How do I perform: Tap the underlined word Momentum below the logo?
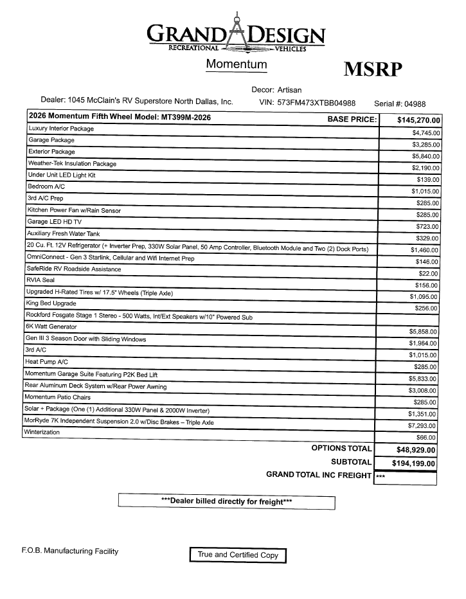[236, 64]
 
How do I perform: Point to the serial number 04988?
[411, 103]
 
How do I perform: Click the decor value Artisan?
[289, 90]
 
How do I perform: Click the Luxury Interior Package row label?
[60, 129]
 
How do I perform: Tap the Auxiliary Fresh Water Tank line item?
[63, 233]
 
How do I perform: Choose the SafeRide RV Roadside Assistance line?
[73, 269]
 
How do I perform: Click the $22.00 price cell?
[428, 273]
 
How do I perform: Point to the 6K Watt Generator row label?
[51, 326]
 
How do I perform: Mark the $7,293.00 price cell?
[423, 425]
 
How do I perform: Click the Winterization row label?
[43, 432]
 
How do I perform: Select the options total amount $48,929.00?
[411, 450]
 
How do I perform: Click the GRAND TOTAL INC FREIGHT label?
[318, 475]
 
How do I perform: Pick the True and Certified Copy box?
[238, 555]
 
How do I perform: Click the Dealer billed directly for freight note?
[226, 501]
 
